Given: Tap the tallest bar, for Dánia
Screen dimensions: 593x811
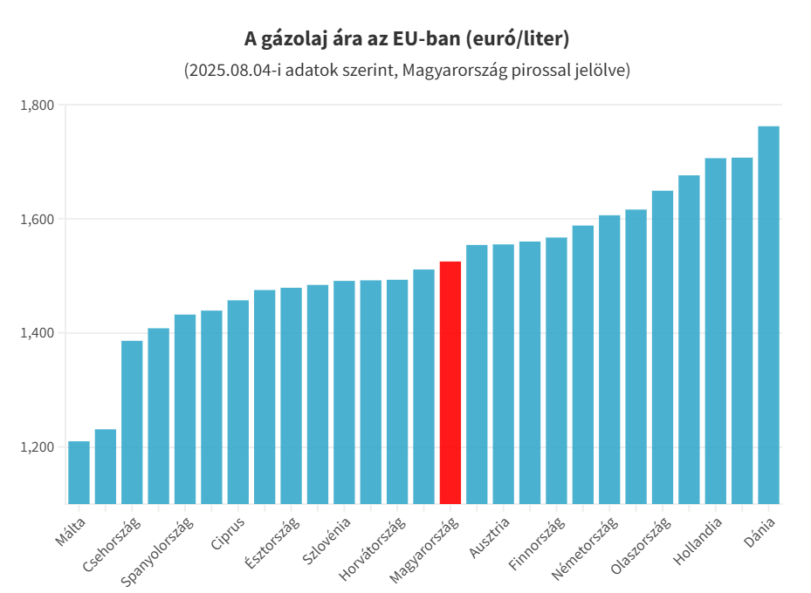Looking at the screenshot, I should point(768,315).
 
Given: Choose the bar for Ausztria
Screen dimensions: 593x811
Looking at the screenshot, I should point(477,374).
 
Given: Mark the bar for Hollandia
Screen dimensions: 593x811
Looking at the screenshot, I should point(715,331).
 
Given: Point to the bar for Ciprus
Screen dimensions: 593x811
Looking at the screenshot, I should point(237,401).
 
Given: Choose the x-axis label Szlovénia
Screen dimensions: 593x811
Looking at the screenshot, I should point(327,540).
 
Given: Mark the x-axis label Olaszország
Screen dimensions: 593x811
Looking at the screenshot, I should point(641,545).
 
